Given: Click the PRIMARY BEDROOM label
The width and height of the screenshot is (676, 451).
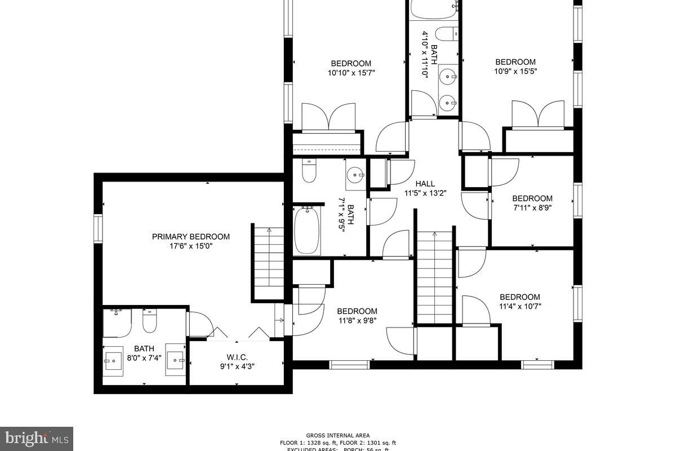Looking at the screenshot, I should click(191, 237).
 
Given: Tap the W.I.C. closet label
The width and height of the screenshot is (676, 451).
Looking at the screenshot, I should click(237, 357).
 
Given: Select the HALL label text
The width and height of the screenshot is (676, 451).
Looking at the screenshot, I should click(425, 184).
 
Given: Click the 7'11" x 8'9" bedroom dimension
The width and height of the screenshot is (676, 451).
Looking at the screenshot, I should click(532, 208).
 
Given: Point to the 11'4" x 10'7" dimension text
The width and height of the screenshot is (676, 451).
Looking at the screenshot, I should click(519, 307).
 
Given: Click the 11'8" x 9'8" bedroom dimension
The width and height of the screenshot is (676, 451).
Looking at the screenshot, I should click(357, 321).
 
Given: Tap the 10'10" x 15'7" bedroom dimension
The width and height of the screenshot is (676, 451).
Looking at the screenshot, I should click(351, 73).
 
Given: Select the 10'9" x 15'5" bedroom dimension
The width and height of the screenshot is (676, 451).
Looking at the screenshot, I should click(515, 72).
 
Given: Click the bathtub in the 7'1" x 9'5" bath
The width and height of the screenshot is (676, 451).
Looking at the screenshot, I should click(307, 231).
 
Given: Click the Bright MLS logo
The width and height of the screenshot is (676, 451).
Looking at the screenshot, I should click(37, 438).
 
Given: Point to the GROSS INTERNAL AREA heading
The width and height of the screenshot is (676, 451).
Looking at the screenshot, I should click(338, 435).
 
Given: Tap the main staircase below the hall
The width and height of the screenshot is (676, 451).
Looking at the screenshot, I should click(434, 276).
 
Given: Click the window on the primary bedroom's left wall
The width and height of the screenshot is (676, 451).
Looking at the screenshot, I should click(98, 228).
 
